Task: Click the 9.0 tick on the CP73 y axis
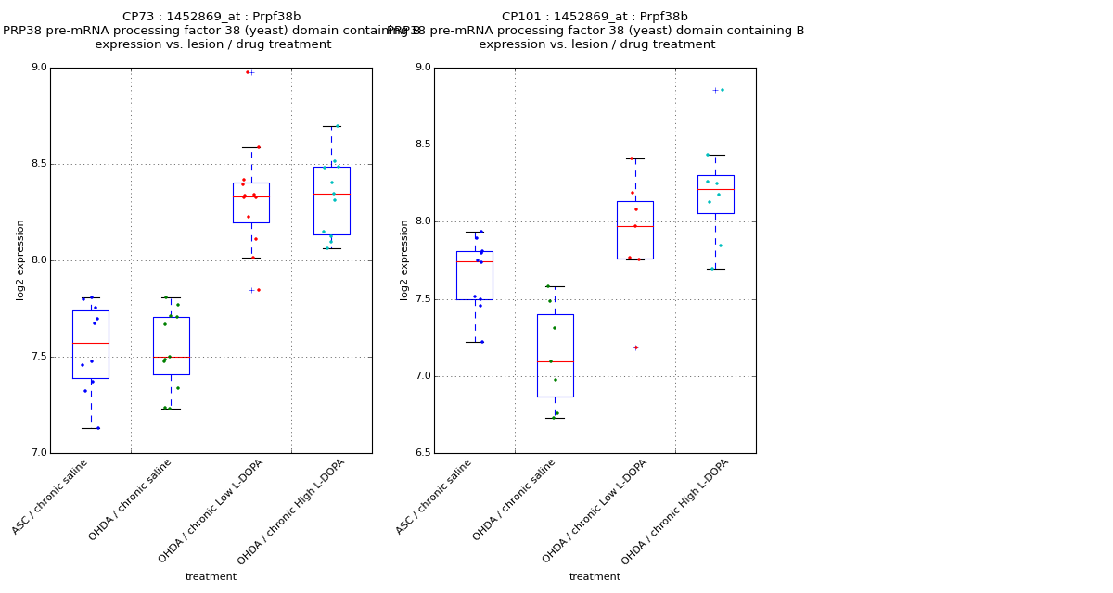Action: pyautogui.click(x=38, y=68)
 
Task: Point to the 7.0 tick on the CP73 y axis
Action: pyautogui.click(x=38, y=453)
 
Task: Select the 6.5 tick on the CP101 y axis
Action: pyautogui.click(x=422, y=453)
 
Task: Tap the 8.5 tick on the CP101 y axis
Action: pyautogui.click(x=422, y=145)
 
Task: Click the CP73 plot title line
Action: pyautogui.click(x=211, y=17)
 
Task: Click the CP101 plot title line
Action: pyautogui.click(x=595, y=17)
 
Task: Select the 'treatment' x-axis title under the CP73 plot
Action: pyautogui.click(x=211, y=576)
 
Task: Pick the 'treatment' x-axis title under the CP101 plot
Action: pyautogui.click(x=595, y=576)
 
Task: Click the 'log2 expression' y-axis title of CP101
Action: pyautogui.click(x=404, y=259)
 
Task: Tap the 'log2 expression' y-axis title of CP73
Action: pyautogui.click(x=20, y=259)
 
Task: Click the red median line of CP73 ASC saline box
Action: pyautogui.click(x=91, y=343)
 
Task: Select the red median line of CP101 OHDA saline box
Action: pyautogui.click(x=555, y=361)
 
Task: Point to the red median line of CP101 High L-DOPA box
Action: pyautogui.click(x=715, y=189)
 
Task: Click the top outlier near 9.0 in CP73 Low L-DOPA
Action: pyautogui.click(x=249, y=72)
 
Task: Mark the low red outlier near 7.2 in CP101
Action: pyautogui.click(x=635, y=347)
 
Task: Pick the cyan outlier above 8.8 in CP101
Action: pyautogui.click(x=722, y=90)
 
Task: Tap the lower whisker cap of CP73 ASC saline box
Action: pyautogui.click(x=91, y=428)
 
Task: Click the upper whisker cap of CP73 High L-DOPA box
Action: pyautogui.click(x=332, y=126)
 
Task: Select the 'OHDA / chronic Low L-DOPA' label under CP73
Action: pyautogui.click(x=212, y=510)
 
